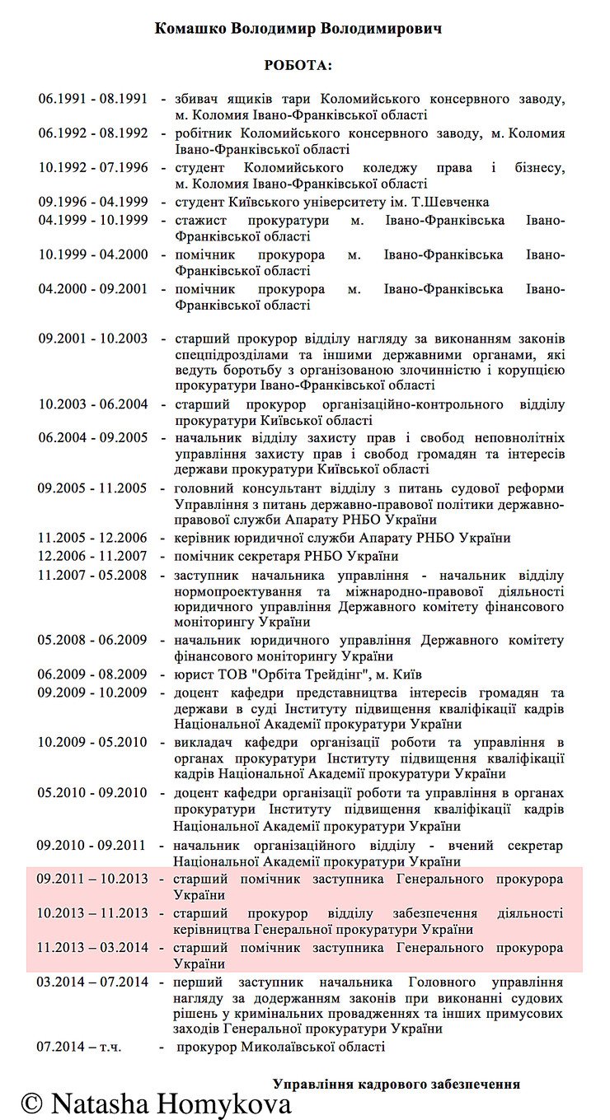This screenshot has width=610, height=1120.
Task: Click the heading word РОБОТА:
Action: click(298, 65)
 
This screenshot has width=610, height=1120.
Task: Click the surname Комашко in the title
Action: click(191, 28)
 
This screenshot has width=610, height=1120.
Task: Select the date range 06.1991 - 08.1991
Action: click(92, 99)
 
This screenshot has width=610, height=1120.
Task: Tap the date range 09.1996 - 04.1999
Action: click(92, 202)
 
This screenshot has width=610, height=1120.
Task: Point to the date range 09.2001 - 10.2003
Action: click(92, 338)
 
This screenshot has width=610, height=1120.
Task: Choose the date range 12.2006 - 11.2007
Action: click(92, 556)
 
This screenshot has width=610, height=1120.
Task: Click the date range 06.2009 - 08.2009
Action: click(92, 674)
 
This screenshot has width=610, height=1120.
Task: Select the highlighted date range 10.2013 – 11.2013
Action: click(92, 913)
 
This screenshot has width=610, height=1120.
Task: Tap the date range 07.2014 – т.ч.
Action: click(79, 1047)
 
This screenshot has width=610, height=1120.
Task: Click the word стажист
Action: click(196, 220)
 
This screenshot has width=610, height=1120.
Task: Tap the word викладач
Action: click(201, 742)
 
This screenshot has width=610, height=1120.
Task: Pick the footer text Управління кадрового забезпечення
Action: click(396, 1084)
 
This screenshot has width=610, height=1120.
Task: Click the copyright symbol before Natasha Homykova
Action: click(32, 1103)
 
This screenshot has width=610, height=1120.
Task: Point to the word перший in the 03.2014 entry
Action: click(196, 982)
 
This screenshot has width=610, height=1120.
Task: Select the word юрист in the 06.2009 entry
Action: click(190, 674)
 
